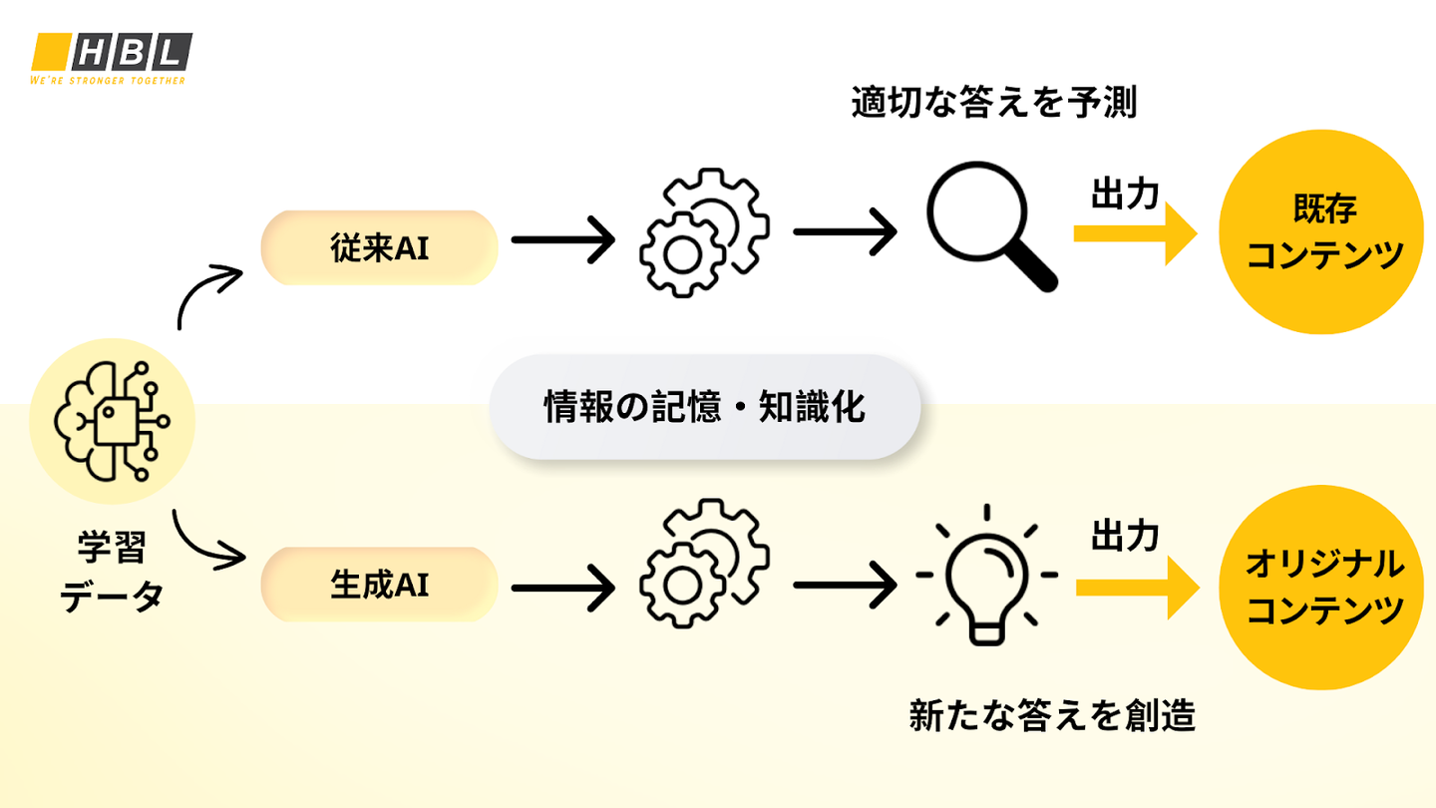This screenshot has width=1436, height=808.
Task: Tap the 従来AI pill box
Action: coord(380,247)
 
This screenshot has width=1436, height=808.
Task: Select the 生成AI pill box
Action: coord(380,585)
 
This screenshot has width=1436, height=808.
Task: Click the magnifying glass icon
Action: coord(991,226)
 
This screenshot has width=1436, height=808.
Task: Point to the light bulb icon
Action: coord(986,575)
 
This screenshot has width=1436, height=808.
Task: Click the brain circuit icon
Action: coord(112,421)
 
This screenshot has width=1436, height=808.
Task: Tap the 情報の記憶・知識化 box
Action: coord(704,407)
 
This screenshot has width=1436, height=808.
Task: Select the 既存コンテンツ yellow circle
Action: coord(1321,232)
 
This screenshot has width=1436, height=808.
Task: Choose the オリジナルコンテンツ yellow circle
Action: coord(1321,588)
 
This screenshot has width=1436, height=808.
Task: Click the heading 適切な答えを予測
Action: coord(994,103)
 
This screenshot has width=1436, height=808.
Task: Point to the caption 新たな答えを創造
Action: coord(1052,715)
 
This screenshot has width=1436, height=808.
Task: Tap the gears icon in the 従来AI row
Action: coord(704,232)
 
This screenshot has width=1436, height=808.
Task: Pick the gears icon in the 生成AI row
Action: coord(704,563)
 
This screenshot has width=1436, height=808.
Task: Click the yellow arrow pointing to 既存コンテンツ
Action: coord(1135,233)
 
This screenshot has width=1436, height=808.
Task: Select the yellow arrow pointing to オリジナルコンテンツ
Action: coord(1137,588)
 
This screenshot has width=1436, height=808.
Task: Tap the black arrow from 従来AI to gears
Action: coord(562,239)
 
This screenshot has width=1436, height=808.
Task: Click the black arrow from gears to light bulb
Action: coord(845,585)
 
